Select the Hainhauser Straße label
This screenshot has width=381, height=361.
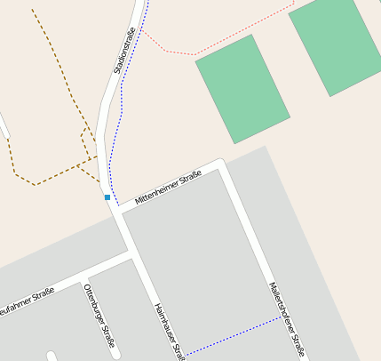168,328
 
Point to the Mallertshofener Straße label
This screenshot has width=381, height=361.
286,320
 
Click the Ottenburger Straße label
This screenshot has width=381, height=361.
99,316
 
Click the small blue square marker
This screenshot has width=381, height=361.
107,197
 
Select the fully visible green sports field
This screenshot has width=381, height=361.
242,88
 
